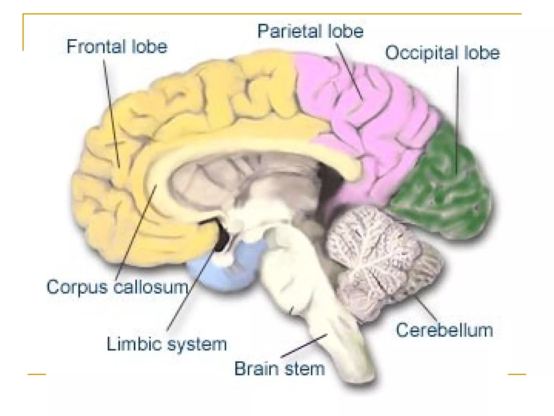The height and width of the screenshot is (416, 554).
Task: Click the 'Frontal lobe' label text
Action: (117, 47)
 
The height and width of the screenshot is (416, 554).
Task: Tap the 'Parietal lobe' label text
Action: (310, 31)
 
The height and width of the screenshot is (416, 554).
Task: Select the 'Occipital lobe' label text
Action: (442, 53)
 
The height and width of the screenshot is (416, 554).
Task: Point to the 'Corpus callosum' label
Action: (117, 287)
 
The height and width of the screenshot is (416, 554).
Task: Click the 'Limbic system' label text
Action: (167, 344)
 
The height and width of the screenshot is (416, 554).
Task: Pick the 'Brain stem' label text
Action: (279, 369)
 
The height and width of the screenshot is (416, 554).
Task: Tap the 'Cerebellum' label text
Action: (444, 330)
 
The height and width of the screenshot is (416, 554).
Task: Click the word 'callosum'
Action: (151, 287)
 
